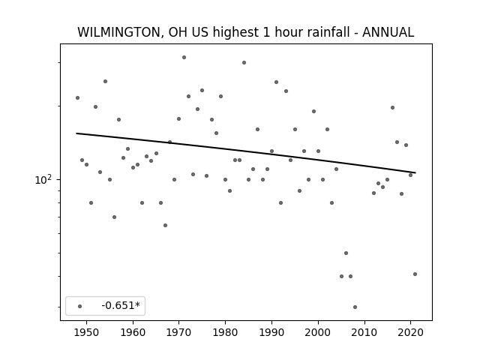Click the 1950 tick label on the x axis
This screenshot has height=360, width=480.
pos(87,332)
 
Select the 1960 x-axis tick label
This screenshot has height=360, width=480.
pos(133,332)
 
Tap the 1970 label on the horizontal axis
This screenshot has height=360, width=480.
pos(179,332)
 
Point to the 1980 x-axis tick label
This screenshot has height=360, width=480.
pos(226,332)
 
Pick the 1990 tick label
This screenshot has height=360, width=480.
pos(271,332)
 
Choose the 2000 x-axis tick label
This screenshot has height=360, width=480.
pos(318,332)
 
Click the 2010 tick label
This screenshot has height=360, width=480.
pos(364,332)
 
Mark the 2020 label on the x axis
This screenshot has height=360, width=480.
pos(411,332)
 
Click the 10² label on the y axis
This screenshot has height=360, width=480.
pos(43,180)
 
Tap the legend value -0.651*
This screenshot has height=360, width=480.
pos(121,305)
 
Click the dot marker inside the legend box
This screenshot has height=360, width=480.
pos(80,306)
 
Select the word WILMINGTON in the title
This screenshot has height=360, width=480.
pos(118,32)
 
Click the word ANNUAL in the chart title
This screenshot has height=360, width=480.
pos(388,32)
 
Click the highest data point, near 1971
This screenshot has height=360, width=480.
pos(184,57)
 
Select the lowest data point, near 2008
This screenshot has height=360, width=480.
pos(355,307)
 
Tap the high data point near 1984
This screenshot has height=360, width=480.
pos(244,62)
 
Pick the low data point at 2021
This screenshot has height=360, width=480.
pos(415,274)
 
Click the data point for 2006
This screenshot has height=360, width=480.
pos(346,253)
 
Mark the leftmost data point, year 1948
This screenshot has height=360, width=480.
pos(77,98)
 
